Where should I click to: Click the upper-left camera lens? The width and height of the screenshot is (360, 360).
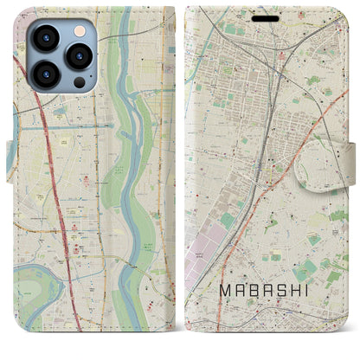(x=44, y=38)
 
